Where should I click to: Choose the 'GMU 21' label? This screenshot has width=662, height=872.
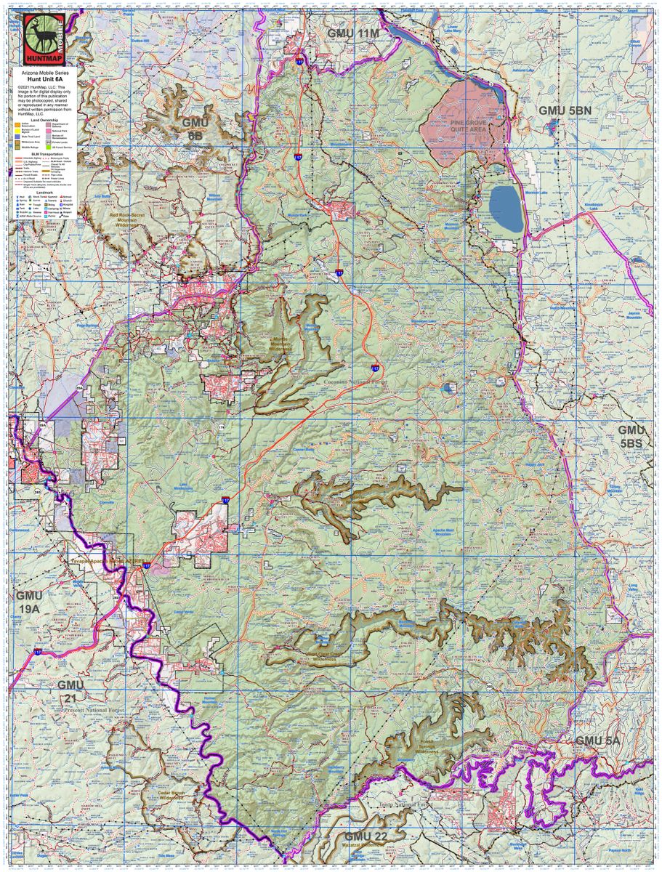point(71,691)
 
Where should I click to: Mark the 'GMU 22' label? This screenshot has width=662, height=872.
point(368,836)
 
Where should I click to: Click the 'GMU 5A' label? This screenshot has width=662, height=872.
point(598,740)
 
